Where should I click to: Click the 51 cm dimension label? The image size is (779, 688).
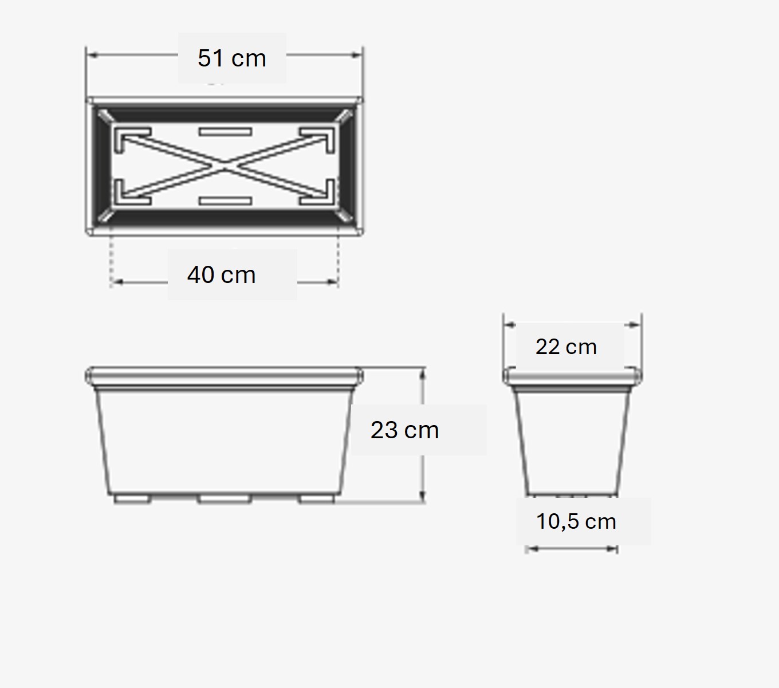tap(232, 58)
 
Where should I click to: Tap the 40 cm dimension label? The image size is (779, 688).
tap(222, 275)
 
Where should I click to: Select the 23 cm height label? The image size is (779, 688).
tap(404, 430)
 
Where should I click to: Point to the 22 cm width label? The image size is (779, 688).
tap(566, 347)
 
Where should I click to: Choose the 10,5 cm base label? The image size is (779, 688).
tap(576, 522)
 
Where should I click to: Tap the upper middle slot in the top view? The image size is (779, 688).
tap(225, 132)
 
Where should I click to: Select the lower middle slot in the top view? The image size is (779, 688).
tap(225, 200)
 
